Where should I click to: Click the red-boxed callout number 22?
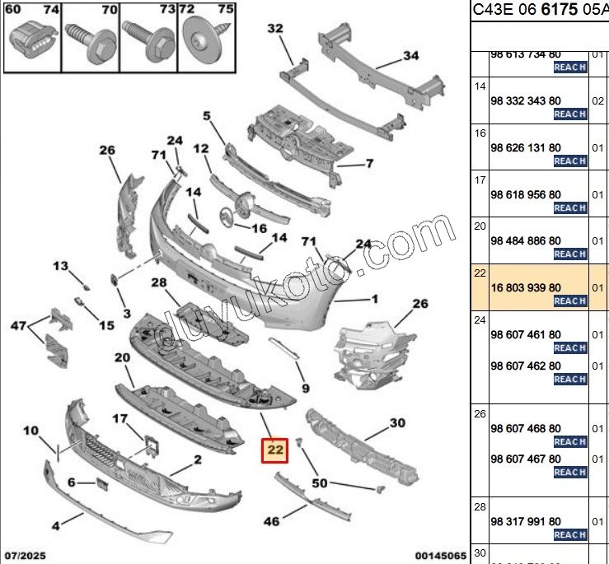pos(274,450)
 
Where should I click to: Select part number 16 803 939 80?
pos(525,287)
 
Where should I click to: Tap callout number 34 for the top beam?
pos(410,57)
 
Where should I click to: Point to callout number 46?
pos(271,520)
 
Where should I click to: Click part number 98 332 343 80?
pos(525,100)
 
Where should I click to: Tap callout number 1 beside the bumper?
pos(374,299)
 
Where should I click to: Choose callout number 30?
pos(397,423)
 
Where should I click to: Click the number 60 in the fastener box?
pos(13,10)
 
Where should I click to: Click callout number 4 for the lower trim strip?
pos(55,524)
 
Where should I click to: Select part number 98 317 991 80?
pos(525,521)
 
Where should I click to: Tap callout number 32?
pos(275,29)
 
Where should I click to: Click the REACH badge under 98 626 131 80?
pos(569,161)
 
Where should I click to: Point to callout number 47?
pos(18,327)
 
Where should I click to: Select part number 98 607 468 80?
pos(525,428)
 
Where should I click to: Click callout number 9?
pos(305,388)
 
